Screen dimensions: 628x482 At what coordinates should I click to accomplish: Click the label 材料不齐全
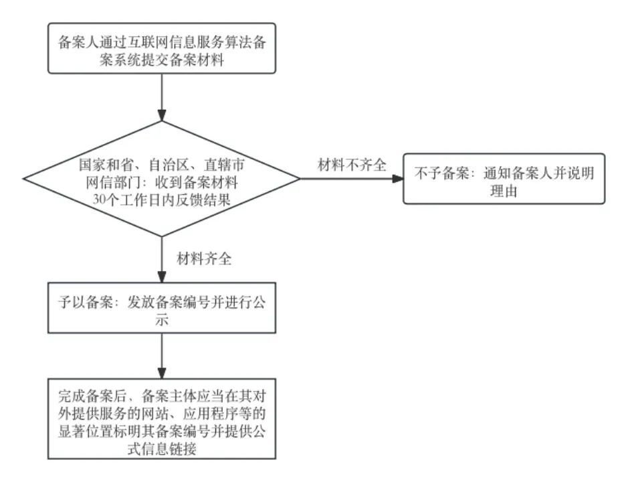tap(352, 165)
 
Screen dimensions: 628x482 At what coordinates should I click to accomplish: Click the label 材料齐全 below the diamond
tap(204, 258)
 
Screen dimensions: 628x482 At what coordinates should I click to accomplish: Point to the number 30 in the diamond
tap(99, 199)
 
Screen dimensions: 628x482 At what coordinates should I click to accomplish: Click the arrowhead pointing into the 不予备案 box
tap(398, 179)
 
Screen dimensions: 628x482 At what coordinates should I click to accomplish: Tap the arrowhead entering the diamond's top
tap(162, 115)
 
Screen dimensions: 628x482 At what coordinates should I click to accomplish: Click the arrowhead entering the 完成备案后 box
tap(162, 372)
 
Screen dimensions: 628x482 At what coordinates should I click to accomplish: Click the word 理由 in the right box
tap(504, 191)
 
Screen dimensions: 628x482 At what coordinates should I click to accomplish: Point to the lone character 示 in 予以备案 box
tap(162, 320)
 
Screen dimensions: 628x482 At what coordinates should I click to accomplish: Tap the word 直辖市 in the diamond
tap(224, 165)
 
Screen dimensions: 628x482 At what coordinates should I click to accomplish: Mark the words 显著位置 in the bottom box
tap(86, 432)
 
